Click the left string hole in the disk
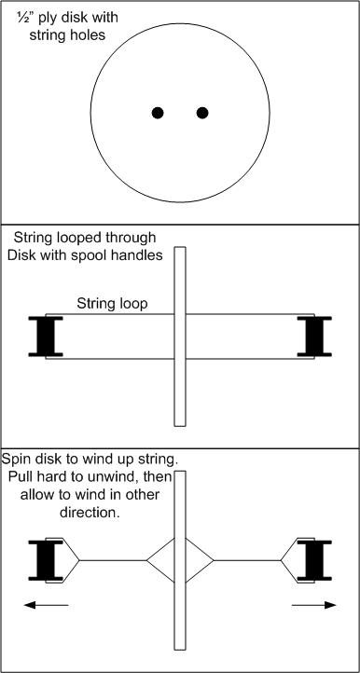tap(158, 113)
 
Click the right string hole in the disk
tap(202, 113)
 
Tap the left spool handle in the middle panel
tap(46, 336)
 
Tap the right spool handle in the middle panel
tap(314, 336)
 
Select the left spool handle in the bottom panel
tap(46, 560)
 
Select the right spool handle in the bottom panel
tap(314, 560)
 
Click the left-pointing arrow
tap(46, 605)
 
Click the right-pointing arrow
tap(314, 605)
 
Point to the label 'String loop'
tap(112, 304)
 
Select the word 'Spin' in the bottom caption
tap(16, 460)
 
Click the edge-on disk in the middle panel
tap(180, 336)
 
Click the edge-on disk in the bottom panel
tap(180, 560)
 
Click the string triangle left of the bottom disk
tap(160, 560)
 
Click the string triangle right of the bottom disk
tap(200, 560)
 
